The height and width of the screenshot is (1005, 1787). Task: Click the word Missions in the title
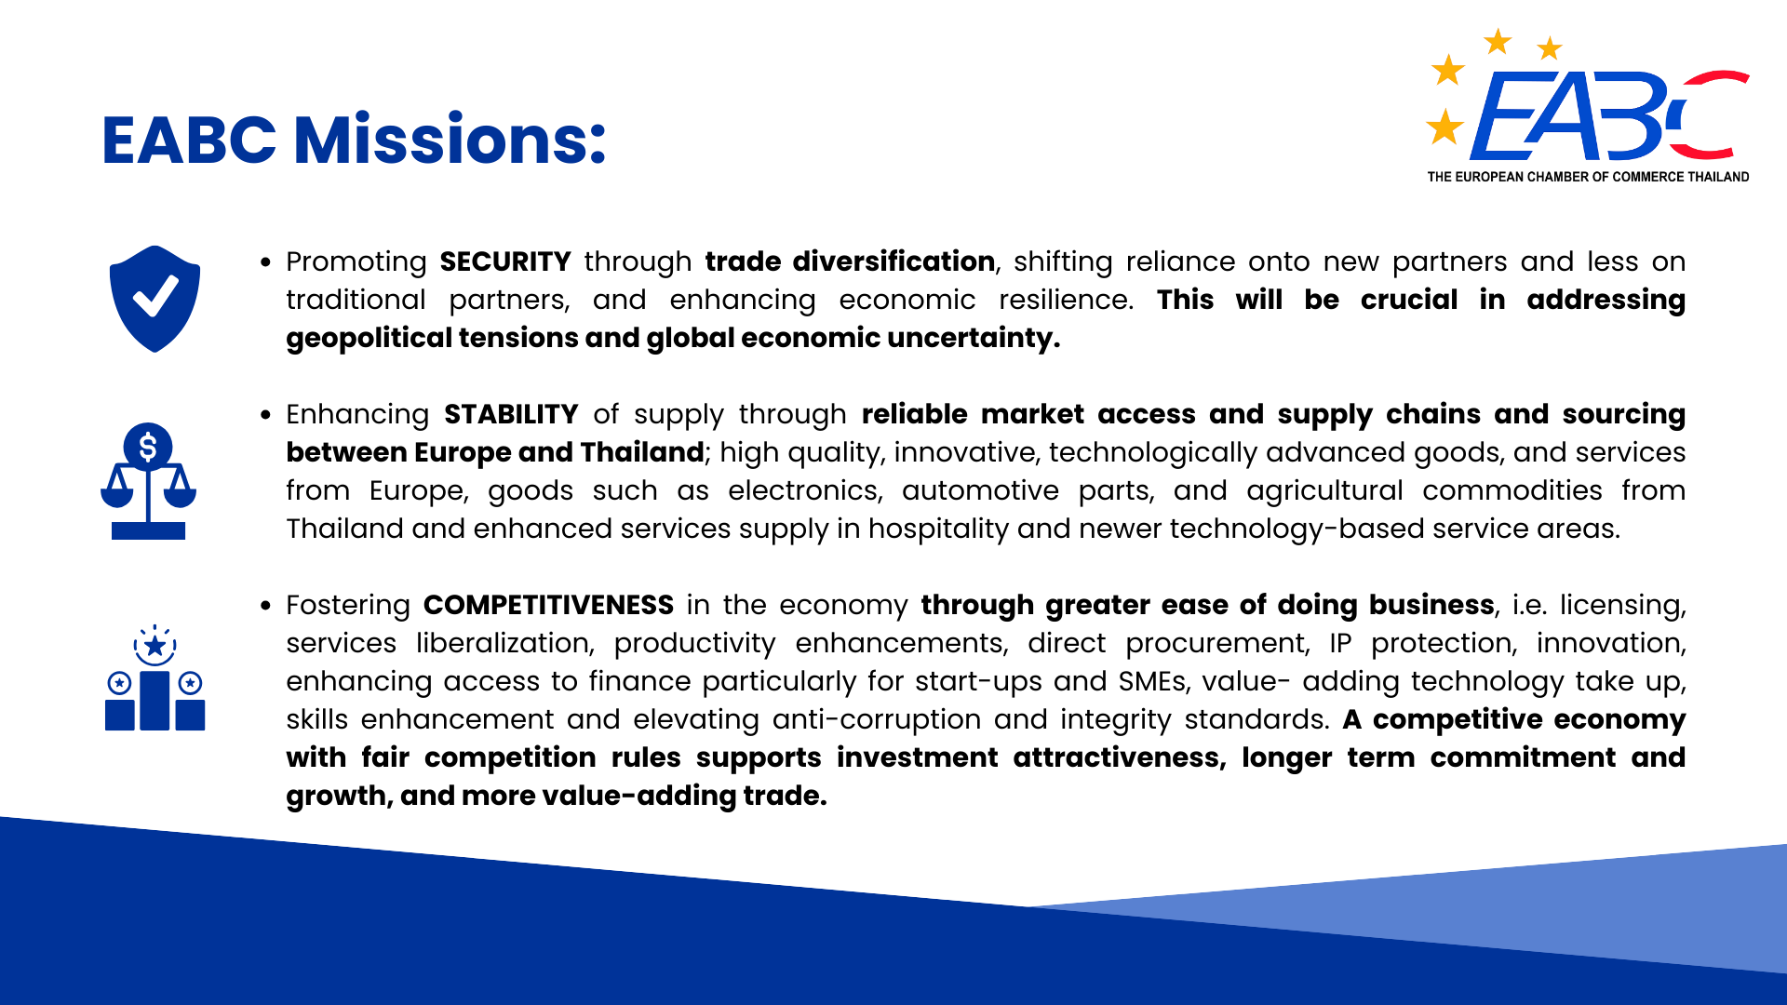tap(450, 140)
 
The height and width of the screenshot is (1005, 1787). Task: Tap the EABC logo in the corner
tap(1588, 106)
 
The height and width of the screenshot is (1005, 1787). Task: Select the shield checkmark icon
tap(155, 299)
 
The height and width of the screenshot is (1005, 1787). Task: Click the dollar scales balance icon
tap(148, 481)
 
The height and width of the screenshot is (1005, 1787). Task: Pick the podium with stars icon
tap(155, 677)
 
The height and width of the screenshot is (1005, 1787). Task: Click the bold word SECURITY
tap(505, 261)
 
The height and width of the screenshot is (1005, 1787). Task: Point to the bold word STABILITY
tap(511, 414)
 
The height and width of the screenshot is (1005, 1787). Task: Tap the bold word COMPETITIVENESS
tap(548, 605)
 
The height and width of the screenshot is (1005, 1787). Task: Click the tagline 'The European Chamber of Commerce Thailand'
tap(1588, 177)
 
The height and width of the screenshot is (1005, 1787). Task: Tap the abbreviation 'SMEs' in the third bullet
tap(1153, 681)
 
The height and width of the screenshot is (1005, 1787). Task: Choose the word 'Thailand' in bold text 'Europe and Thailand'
tap(641, 452)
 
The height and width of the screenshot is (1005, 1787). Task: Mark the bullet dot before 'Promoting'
tap(266, 262)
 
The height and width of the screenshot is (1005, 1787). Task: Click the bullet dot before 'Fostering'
tap(266, 606)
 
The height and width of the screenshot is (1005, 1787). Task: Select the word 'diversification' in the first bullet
tap(893, 261)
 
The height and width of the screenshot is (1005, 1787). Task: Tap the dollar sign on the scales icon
tap(148, 448)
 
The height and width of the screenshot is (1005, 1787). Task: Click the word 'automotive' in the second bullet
tap(980, 490)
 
